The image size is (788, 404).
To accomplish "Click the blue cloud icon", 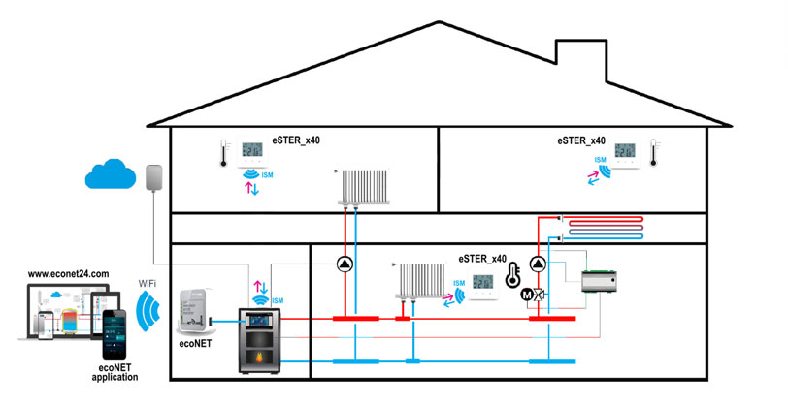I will tap(114, 175).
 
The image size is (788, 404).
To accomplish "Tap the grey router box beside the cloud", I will tap(152, 178).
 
